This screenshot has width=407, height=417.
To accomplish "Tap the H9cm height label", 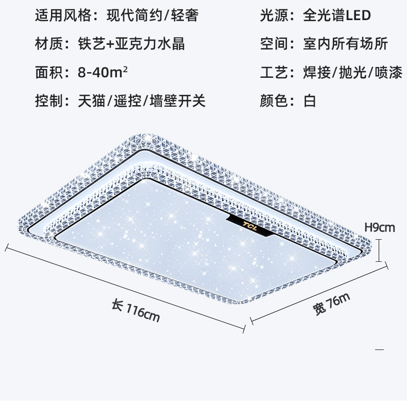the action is [x=379, y=226].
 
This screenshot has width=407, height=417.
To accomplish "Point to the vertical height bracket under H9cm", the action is [x=379, y=250].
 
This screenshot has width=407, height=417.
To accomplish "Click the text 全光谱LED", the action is [x=337, y=15].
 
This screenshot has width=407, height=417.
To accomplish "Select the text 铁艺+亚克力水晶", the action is [x=131, y=44].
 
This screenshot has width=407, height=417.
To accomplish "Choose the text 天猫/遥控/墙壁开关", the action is [x=142, y=101].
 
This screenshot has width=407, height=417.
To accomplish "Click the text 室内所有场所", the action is [x=345, y=44].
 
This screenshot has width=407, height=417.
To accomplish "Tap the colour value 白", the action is [x=310, y=101].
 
